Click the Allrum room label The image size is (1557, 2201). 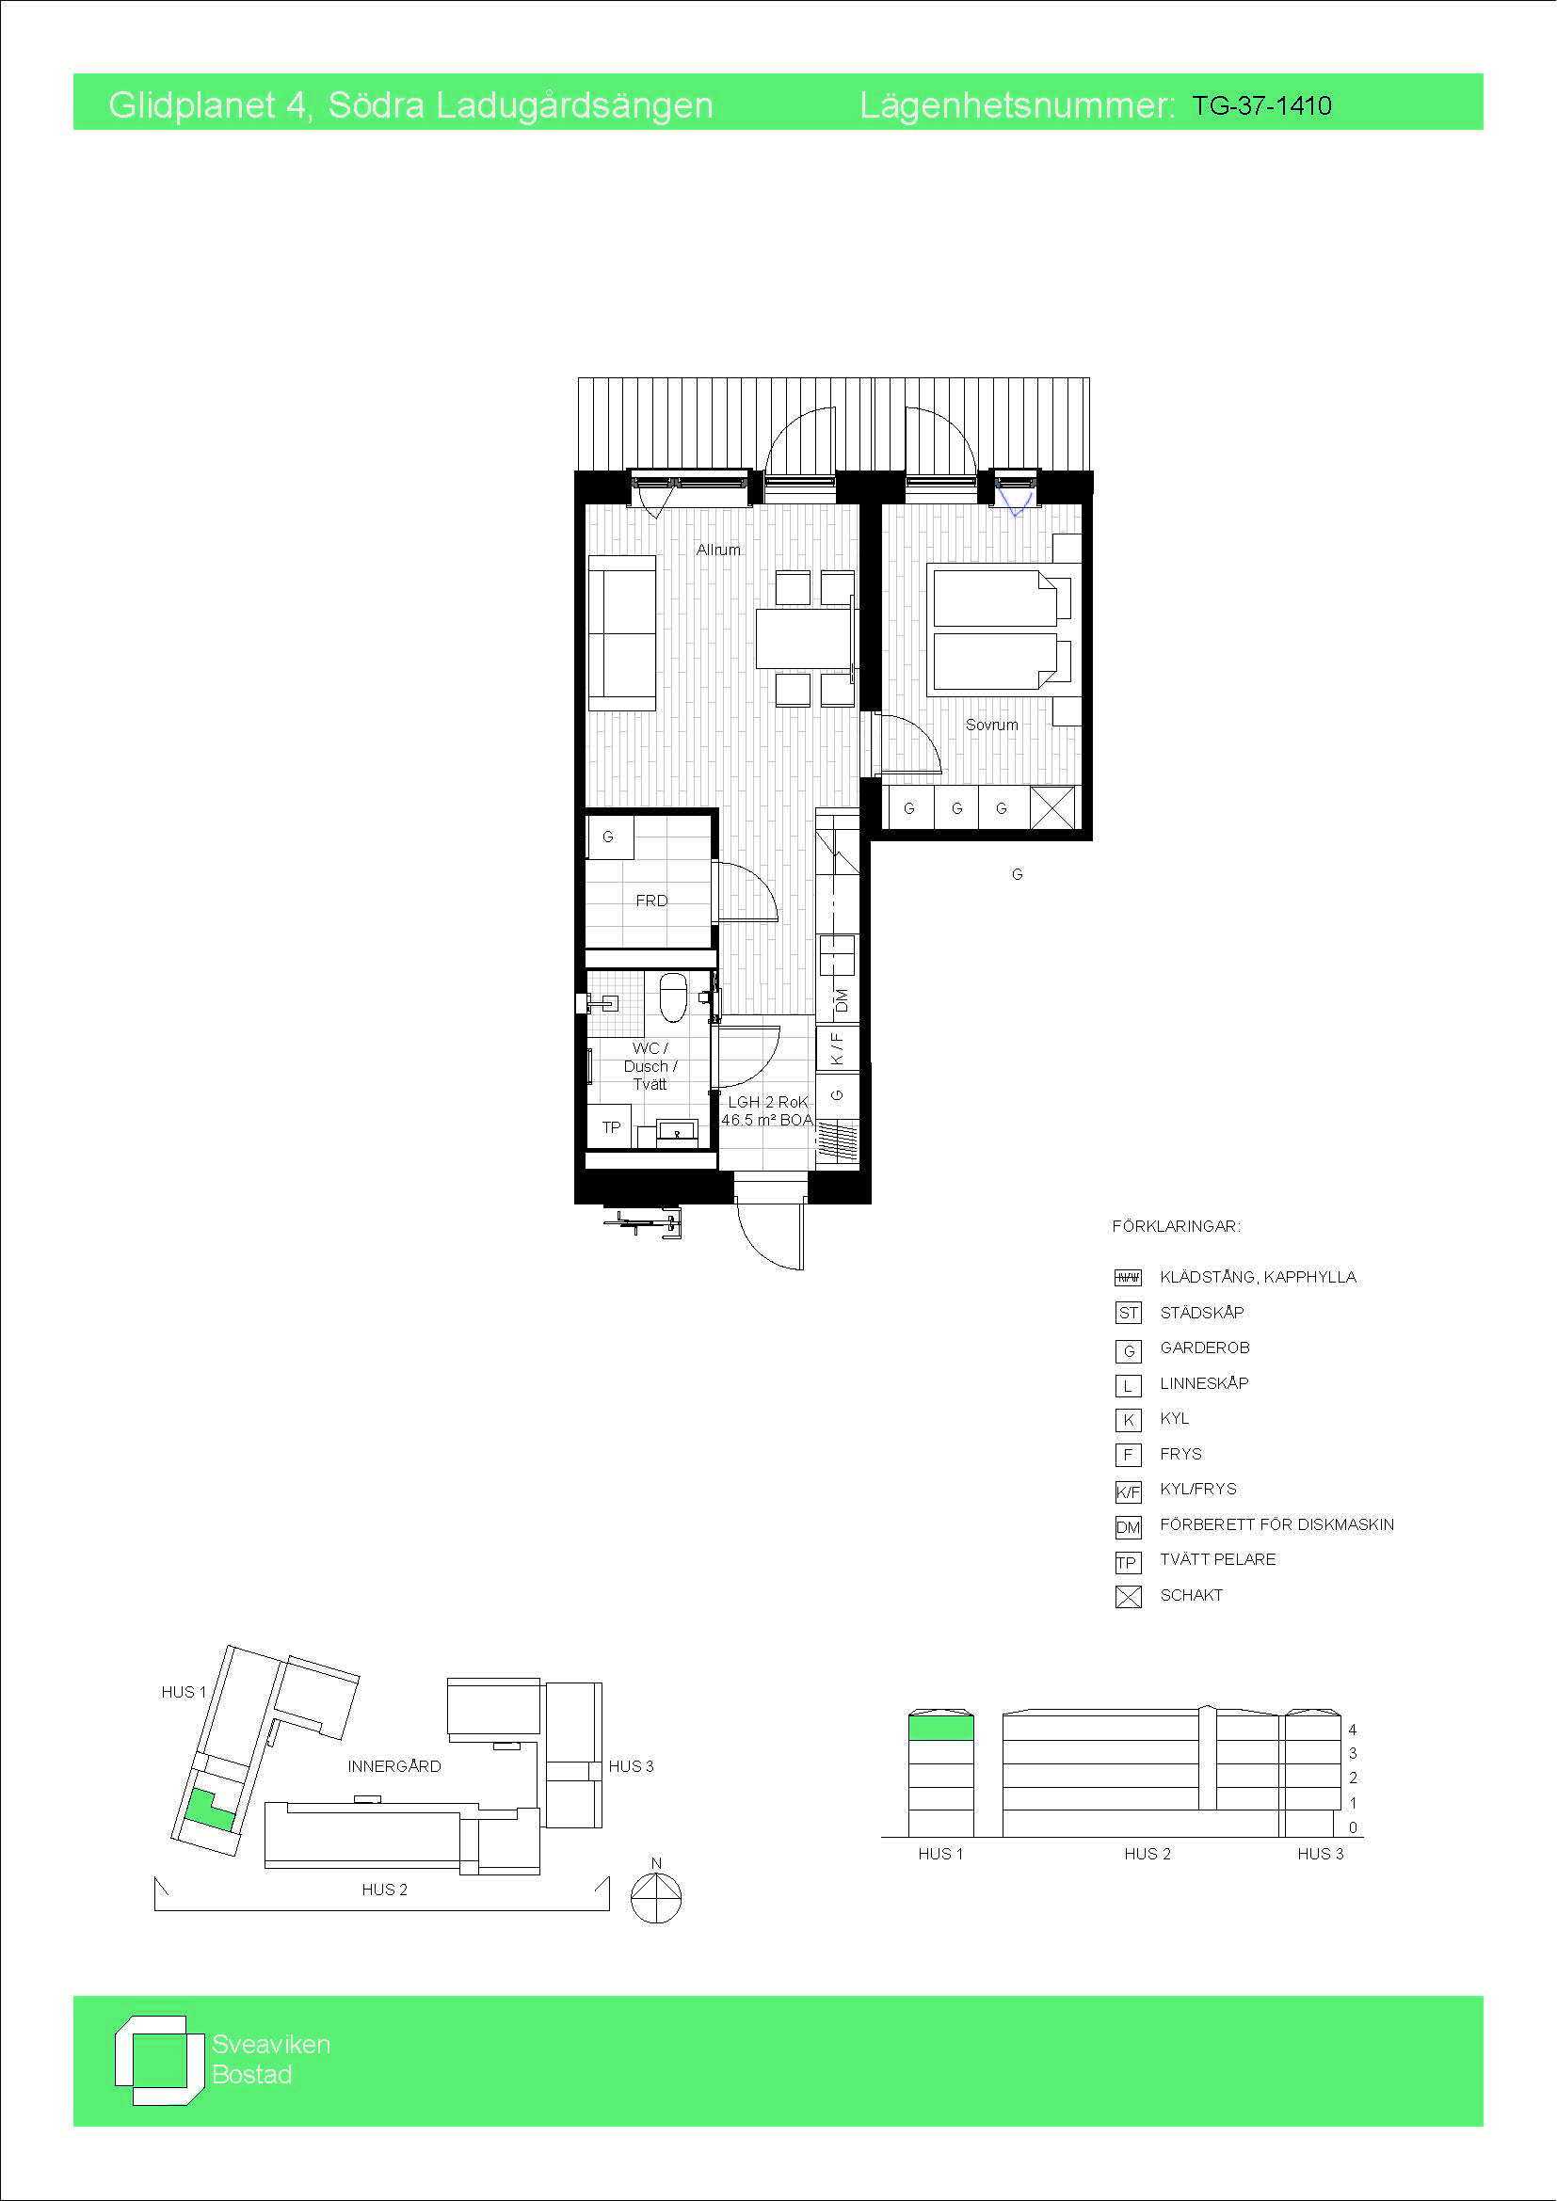[718, 550]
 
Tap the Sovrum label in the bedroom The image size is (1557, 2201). [991, 725]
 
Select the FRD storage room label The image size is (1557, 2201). [651, 901]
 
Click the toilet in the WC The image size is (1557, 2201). [673, 997]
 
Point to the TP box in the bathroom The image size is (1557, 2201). [611, 1126]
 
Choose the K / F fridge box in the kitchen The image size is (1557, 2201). [837, 1047]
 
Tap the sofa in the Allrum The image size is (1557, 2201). [622, 632]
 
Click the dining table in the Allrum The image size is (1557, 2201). [803, 638]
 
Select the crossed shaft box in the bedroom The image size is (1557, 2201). [1052, 807]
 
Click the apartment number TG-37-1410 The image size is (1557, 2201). [1260, 105]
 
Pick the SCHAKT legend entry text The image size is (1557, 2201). [1191, 1594]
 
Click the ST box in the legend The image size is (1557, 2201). [1129, 1313]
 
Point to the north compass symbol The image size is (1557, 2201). [656, 1896]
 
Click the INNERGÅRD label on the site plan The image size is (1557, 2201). [394, 1765]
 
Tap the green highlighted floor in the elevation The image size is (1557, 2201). [940, 1728]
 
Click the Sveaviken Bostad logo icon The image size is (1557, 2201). [159, 2060]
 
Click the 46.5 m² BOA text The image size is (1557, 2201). [767, 1120]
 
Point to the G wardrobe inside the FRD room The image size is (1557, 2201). [608, 837]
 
